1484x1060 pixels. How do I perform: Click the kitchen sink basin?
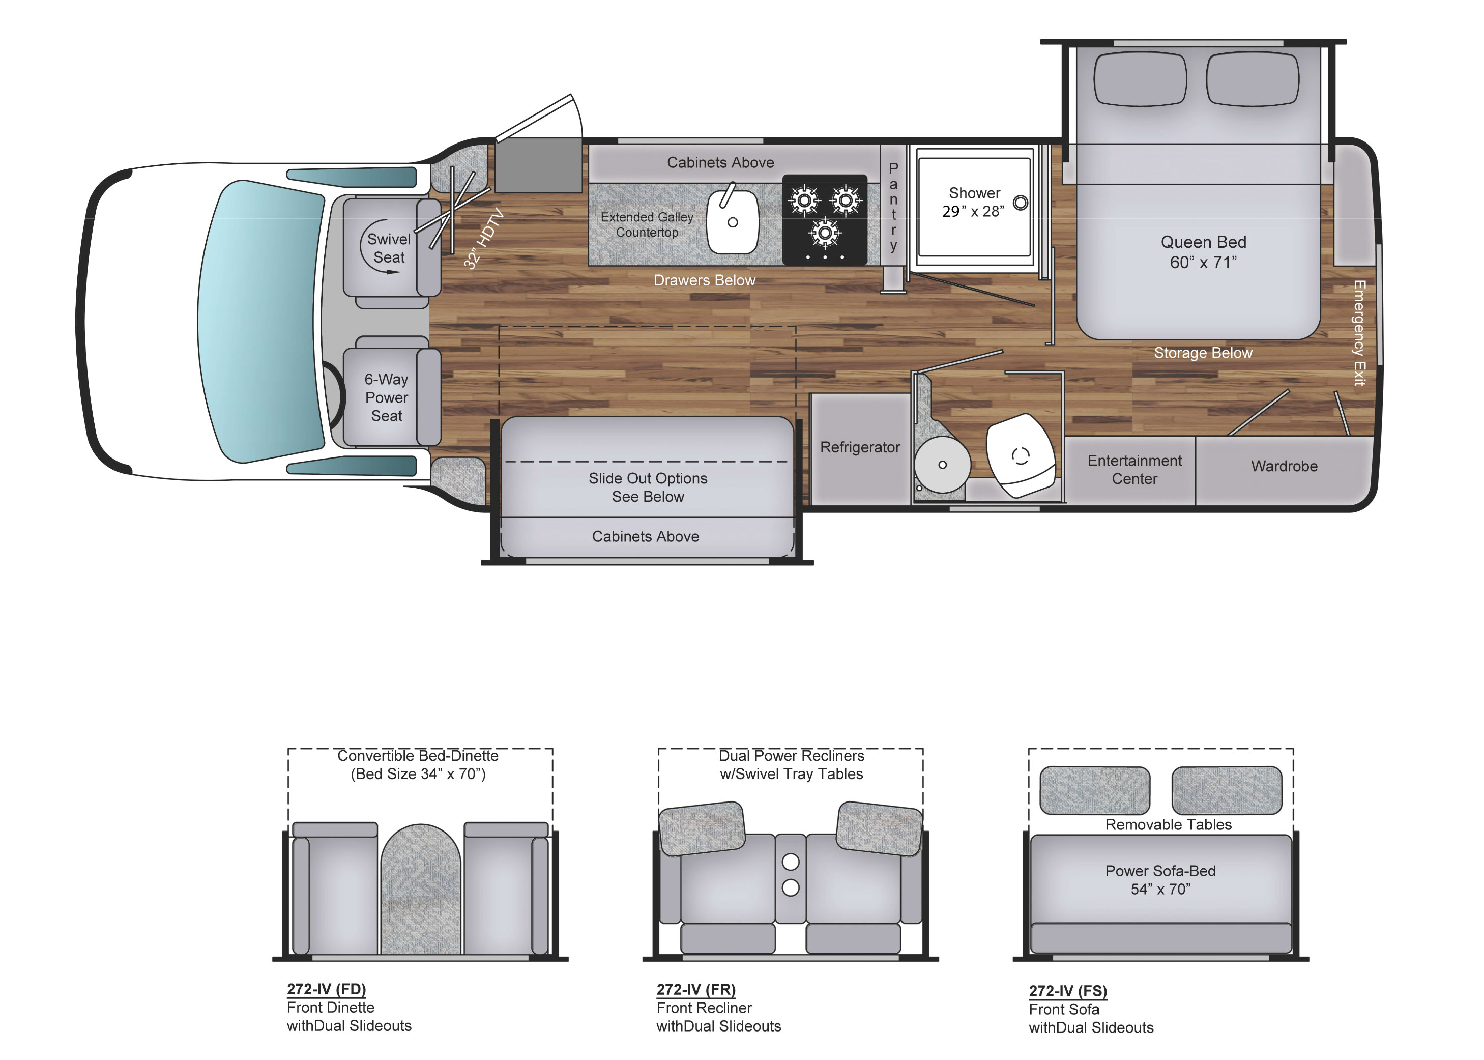732,222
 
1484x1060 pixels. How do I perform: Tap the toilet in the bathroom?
1020,455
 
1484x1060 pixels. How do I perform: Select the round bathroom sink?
942,465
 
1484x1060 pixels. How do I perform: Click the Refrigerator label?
859,448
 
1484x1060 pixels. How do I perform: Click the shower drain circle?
1020,203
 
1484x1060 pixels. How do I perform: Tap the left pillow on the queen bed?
1140,79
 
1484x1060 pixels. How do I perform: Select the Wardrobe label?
1284,466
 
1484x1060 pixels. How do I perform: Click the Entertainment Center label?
1134,470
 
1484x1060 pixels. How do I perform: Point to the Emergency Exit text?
1359,333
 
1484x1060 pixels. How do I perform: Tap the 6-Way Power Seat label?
386,397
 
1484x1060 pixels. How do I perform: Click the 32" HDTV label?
484,238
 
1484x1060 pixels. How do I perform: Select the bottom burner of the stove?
825,233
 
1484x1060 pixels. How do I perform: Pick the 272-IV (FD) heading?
326,989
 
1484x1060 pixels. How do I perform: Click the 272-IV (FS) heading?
1068,991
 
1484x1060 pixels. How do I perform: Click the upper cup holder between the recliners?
790,862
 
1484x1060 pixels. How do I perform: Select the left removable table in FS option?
1094,790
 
